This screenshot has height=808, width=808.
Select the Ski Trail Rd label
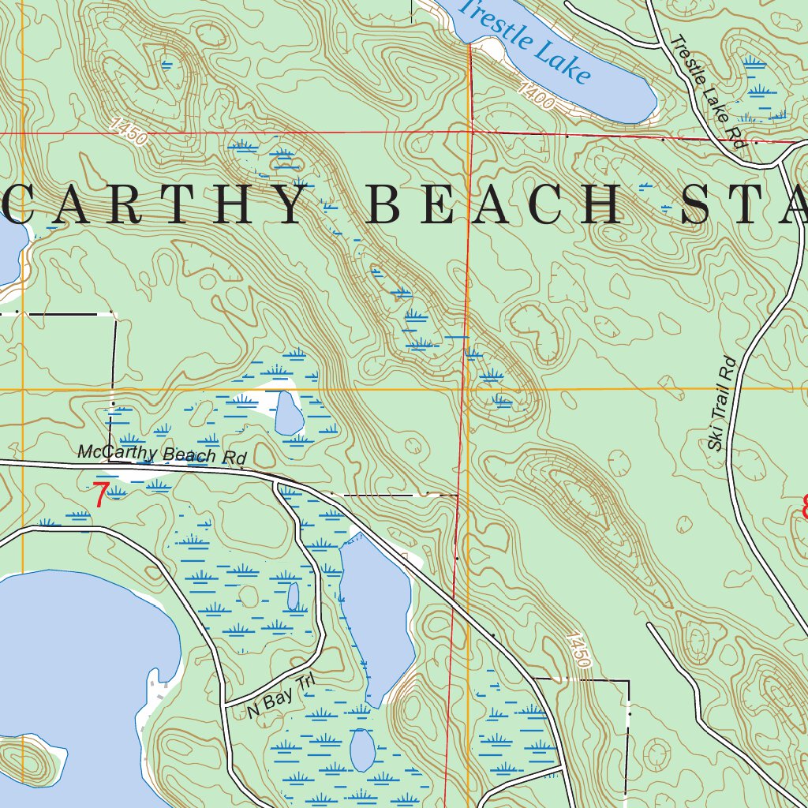click(721, 404)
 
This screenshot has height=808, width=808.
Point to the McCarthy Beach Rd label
click(162, 454)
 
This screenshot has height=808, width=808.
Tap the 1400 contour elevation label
click(537, 97)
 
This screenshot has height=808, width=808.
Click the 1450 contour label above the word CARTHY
click(129, 131)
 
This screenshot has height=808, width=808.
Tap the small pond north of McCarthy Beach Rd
click(288, 412)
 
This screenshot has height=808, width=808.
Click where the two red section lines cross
click(471, 133)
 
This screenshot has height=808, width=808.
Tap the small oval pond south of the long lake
click(361, 750)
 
